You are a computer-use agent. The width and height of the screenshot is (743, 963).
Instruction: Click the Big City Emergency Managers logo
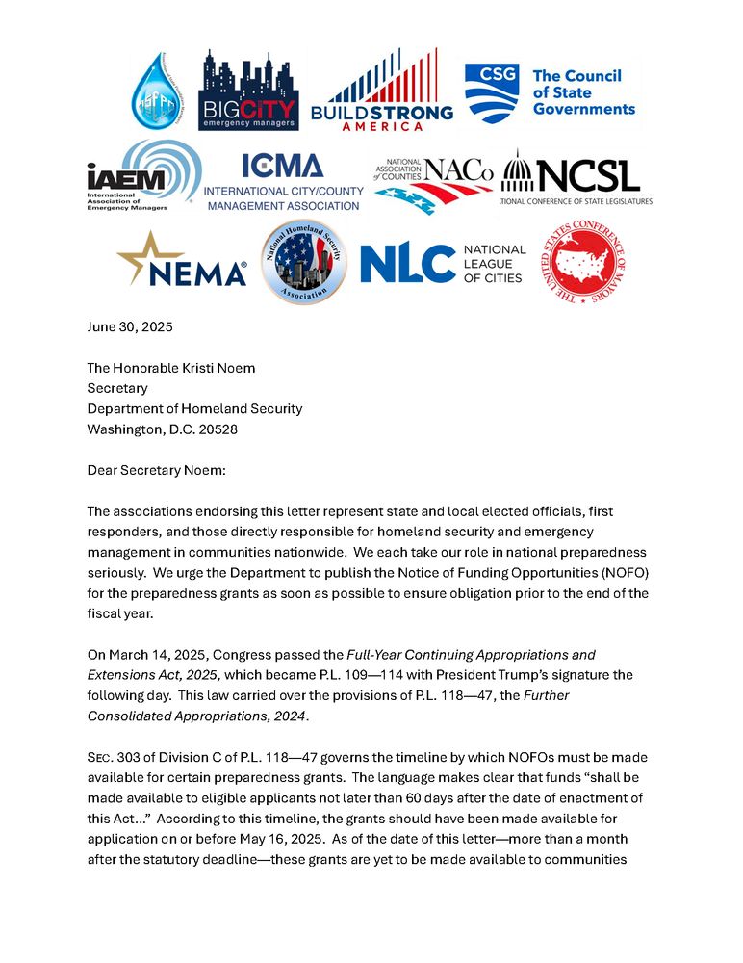click(x=248, y=91)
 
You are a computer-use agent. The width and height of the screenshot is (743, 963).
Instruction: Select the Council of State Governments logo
click(x=550, y=92)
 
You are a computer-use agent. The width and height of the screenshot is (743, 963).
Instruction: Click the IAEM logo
click(x=142, y=175)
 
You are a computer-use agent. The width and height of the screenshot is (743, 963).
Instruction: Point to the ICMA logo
click(x=284, y=182)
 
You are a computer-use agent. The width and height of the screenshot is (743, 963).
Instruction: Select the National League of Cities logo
click(x=442, y=263)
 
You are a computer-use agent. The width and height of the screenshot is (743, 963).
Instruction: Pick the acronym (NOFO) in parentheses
click(x=630, y=570)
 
